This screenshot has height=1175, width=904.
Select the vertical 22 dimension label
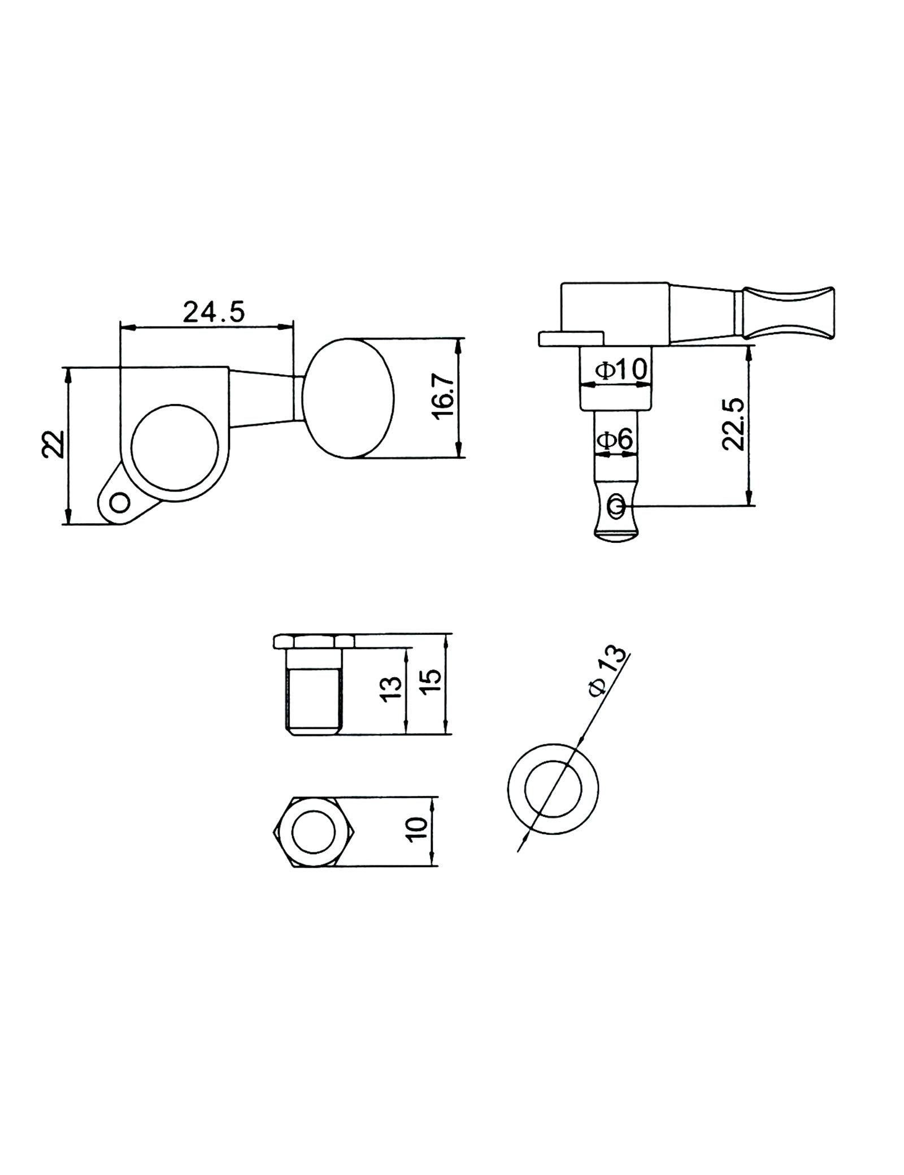tap(52, 443)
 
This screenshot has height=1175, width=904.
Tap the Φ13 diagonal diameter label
tap(608, 668)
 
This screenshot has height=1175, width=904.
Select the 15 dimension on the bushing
tap(429, 684)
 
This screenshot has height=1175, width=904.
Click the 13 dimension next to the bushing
tap(391, 689)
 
